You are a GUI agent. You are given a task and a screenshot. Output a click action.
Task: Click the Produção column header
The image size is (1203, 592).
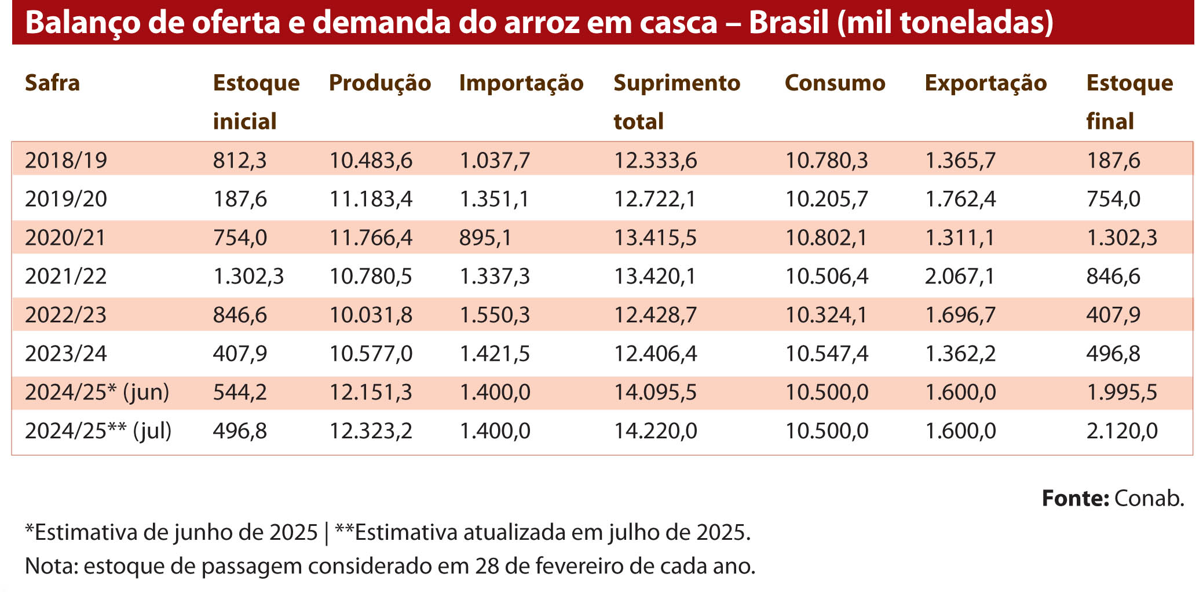(x=380, y=83)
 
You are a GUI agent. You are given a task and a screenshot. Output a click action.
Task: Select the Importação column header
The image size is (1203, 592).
(x=521, y=83)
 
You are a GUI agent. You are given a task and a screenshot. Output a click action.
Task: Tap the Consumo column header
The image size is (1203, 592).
(x=835, y=83)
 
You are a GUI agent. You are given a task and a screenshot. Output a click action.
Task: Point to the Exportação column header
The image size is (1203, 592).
(x=985, y=83)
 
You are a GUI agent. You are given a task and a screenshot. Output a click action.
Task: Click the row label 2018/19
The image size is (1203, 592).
(x=66, y=161)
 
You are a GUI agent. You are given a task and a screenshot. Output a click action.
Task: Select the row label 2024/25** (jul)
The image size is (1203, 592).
(x=98, y=431)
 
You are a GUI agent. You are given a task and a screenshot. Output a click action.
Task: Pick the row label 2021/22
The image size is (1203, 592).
(x=66, y=277)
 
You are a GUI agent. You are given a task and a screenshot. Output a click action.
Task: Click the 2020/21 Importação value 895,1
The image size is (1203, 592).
(x=485, y=238)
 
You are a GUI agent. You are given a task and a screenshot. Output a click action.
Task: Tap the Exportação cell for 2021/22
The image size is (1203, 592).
(x=959, y=277)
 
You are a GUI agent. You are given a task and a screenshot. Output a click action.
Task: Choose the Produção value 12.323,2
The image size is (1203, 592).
(x=371, y=431)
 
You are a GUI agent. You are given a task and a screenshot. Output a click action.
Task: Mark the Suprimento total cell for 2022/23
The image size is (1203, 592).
(x=654, y=315)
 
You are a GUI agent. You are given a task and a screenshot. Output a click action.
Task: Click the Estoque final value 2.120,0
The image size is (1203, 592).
(x=1121, y=431)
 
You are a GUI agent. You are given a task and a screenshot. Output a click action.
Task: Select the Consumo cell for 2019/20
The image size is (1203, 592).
(x=827, y=199)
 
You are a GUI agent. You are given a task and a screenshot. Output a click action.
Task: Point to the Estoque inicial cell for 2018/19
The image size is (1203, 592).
(x=240, y=161)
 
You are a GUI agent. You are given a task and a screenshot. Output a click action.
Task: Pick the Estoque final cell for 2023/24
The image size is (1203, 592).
(x=1113, y=354)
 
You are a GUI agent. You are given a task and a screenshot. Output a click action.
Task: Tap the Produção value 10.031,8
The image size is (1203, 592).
(x=371, y=315)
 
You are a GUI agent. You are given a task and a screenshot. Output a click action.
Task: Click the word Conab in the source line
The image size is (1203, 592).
(x=1149, y=499)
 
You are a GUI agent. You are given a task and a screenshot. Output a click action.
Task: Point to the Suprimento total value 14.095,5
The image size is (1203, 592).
(x=655, y=393)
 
